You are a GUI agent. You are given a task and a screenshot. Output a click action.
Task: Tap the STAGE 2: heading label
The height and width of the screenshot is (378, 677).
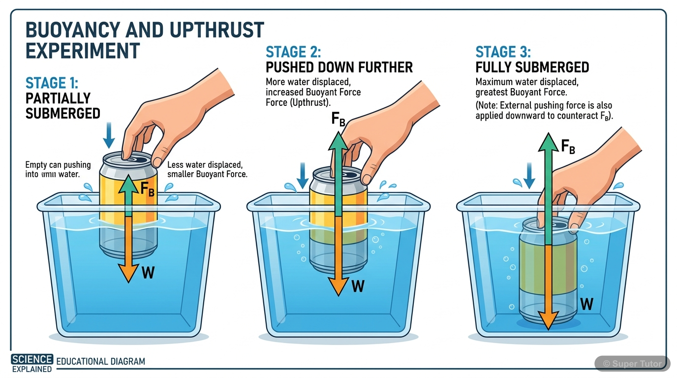pos(293,52)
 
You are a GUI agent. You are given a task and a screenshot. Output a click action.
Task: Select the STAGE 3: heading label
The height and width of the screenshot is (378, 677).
pos(503,52)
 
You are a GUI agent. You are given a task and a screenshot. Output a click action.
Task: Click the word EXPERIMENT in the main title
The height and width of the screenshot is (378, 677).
pos(83,51)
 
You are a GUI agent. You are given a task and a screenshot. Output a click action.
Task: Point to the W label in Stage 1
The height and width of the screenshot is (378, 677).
pos(148,272)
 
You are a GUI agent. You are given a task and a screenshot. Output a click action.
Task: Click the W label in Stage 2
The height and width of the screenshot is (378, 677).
pos(358,285)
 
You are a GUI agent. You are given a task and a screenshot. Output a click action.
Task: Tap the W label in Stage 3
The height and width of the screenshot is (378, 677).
pos(586,304)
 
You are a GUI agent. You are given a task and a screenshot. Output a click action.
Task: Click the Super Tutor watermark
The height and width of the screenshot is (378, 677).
pos(632,364)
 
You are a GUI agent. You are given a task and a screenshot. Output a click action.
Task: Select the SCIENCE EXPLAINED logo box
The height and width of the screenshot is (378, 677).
pos(32,363)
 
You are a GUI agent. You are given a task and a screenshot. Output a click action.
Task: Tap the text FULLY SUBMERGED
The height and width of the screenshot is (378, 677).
pos(532,67)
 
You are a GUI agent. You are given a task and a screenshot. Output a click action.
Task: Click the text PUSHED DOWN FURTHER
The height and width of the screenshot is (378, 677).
pos(339,67)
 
